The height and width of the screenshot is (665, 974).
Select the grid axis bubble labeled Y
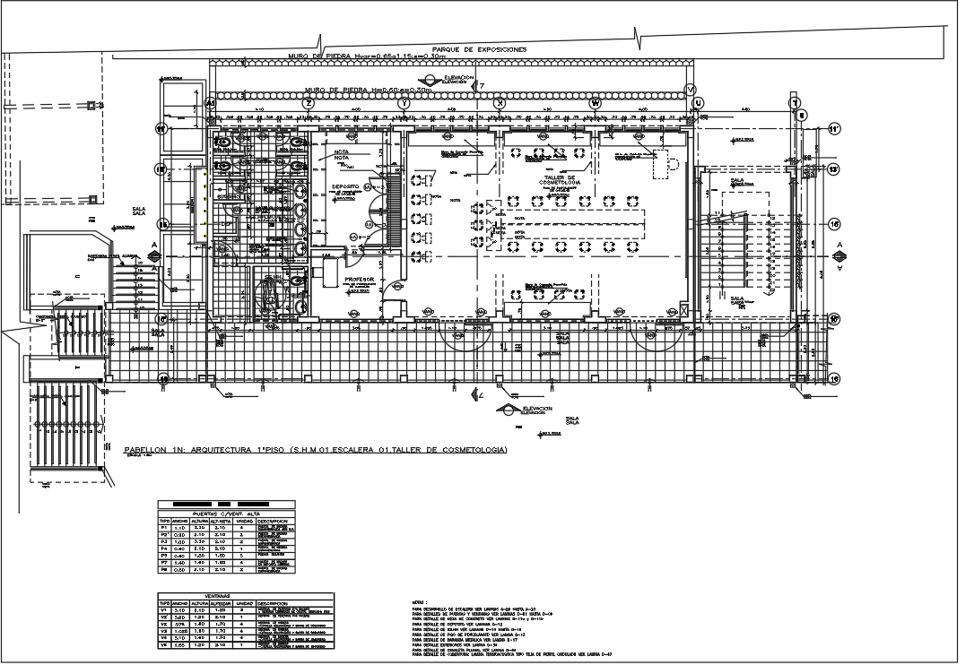[404, 104]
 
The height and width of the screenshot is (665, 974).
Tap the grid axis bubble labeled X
[500, 104]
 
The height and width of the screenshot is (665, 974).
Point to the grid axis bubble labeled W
[595, 104]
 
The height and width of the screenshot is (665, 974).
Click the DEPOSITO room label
[345, 186]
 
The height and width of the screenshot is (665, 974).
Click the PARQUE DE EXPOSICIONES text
[478, 49]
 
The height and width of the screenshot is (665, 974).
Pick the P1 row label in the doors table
[164, 529]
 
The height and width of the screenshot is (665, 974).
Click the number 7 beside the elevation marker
[482, 86]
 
